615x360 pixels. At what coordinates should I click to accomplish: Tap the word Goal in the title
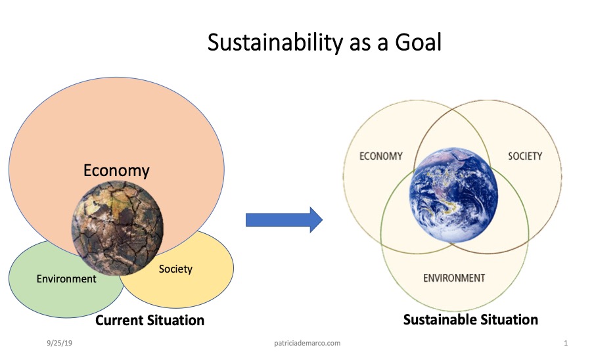(x=418, y=42)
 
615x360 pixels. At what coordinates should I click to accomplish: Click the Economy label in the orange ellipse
(x=116, y=171)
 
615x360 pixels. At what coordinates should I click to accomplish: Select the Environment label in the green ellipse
(x=66, y=279)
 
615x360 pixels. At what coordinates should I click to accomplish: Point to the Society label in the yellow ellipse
(x=175, y=269)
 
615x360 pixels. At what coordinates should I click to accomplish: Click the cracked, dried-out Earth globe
(x=117, y=228)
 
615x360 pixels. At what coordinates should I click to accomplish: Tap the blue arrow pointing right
(x=284, y=220)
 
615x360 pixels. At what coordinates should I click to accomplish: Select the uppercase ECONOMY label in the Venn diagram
(x=381, y=156)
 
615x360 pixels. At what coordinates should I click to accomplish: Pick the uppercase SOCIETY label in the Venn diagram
(x=525, y=156)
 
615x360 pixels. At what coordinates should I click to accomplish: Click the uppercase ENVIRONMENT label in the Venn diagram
(x=454, y=278)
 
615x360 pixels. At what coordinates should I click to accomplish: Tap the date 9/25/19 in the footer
(x=59, y=343)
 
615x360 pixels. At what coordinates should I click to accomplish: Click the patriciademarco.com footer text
(x=307, y=343)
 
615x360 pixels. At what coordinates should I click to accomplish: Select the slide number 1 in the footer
(x=566, y=343)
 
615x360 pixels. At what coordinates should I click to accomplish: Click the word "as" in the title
(x=359, y=44)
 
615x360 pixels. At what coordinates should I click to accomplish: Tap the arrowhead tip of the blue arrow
(x=323, y=220)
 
